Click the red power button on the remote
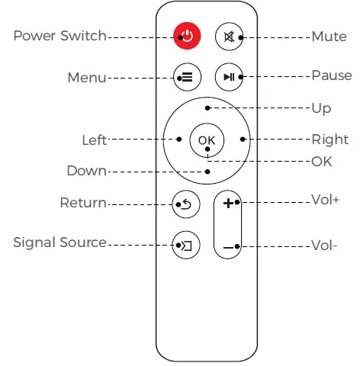[x=186, y=36]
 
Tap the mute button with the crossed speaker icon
[x=228, y=36]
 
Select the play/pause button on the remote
[x=228, y=77]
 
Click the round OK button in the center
[x=207, y=140]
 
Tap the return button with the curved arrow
[x=186, y=204]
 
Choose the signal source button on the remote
[x=186, y=245]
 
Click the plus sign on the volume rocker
[x=228, y=203]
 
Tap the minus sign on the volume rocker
[x=228, y=246]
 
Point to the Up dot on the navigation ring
[x=207, y=108]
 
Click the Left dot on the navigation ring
[x=178, y=140]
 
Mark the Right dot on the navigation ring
[x=242, y=140]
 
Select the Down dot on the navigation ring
[x=207, y=172]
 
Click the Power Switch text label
[x=59, y=36]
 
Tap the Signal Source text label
[x=59, y=242]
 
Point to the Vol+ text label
[x=326, y=204]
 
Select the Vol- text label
[x=324, y=246]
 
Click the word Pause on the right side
[x=331, y=75]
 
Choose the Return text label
[x=83, y=203]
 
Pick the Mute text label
[x=329, y=36]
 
